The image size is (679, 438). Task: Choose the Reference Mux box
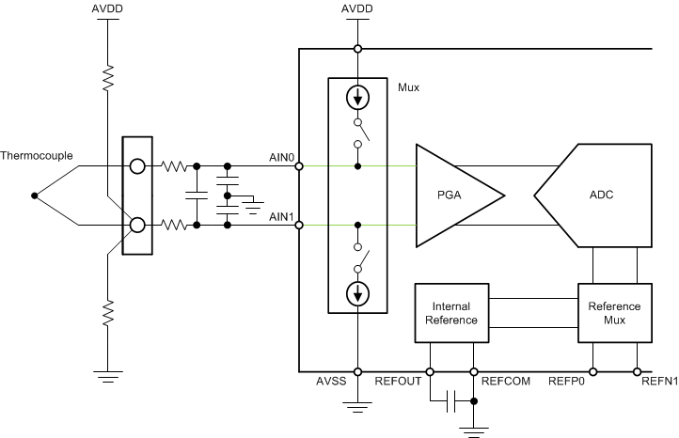tap(614, 313)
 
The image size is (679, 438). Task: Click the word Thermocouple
tap(37, 156)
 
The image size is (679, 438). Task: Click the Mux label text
tap(408, 87)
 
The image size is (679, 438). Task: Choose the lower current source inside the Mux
tap(357, 294)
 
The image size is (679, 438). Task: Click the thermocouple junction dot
tap(35, 196)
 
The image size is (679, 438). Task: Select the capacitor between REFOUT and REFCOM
tap(452, 401)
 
